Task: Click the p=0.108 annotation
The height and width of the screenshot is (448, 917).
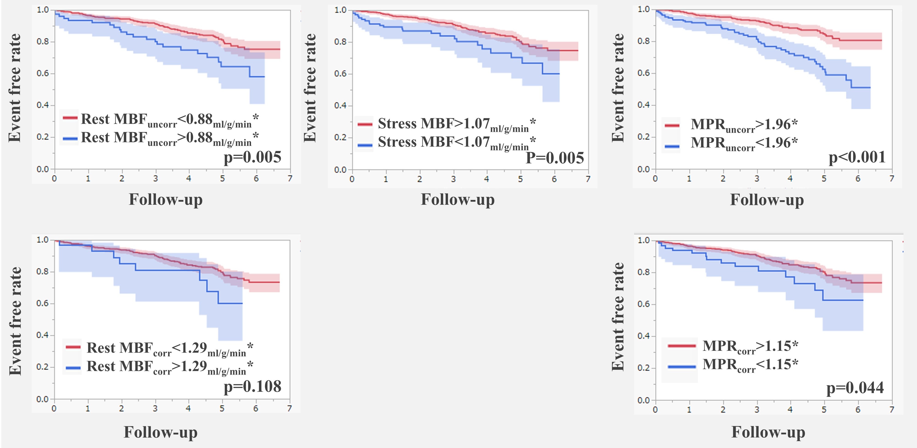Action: point(252,387)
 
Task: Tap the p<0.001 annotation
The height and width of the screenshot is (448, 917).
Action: point(857,158)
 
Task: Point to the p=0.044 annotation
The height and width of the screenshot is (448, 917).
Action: point(855,388)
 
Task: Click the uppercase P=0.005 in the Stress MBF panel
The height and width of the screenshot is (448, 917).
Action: point(555,158)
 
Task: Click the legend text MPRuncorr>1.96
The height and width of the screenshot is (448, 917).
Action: point(744,125)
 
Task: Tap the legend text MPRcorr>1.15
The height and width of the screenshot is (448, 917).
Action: point(750,346)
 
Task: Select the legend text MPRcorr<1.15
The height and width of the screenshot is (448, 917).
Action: point(750,365)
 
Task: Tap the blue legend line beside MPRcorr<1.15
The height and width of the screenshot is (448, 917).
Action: point(682,366)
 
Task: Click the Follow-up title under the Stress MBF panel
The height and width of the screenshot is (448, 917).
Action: point(458,199)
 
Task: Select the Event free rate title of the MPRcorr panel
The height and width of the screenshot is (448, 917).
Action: point(618,317)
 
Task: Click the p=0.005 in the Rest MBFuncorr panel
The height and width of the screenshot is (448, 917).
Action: point(252,157)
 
